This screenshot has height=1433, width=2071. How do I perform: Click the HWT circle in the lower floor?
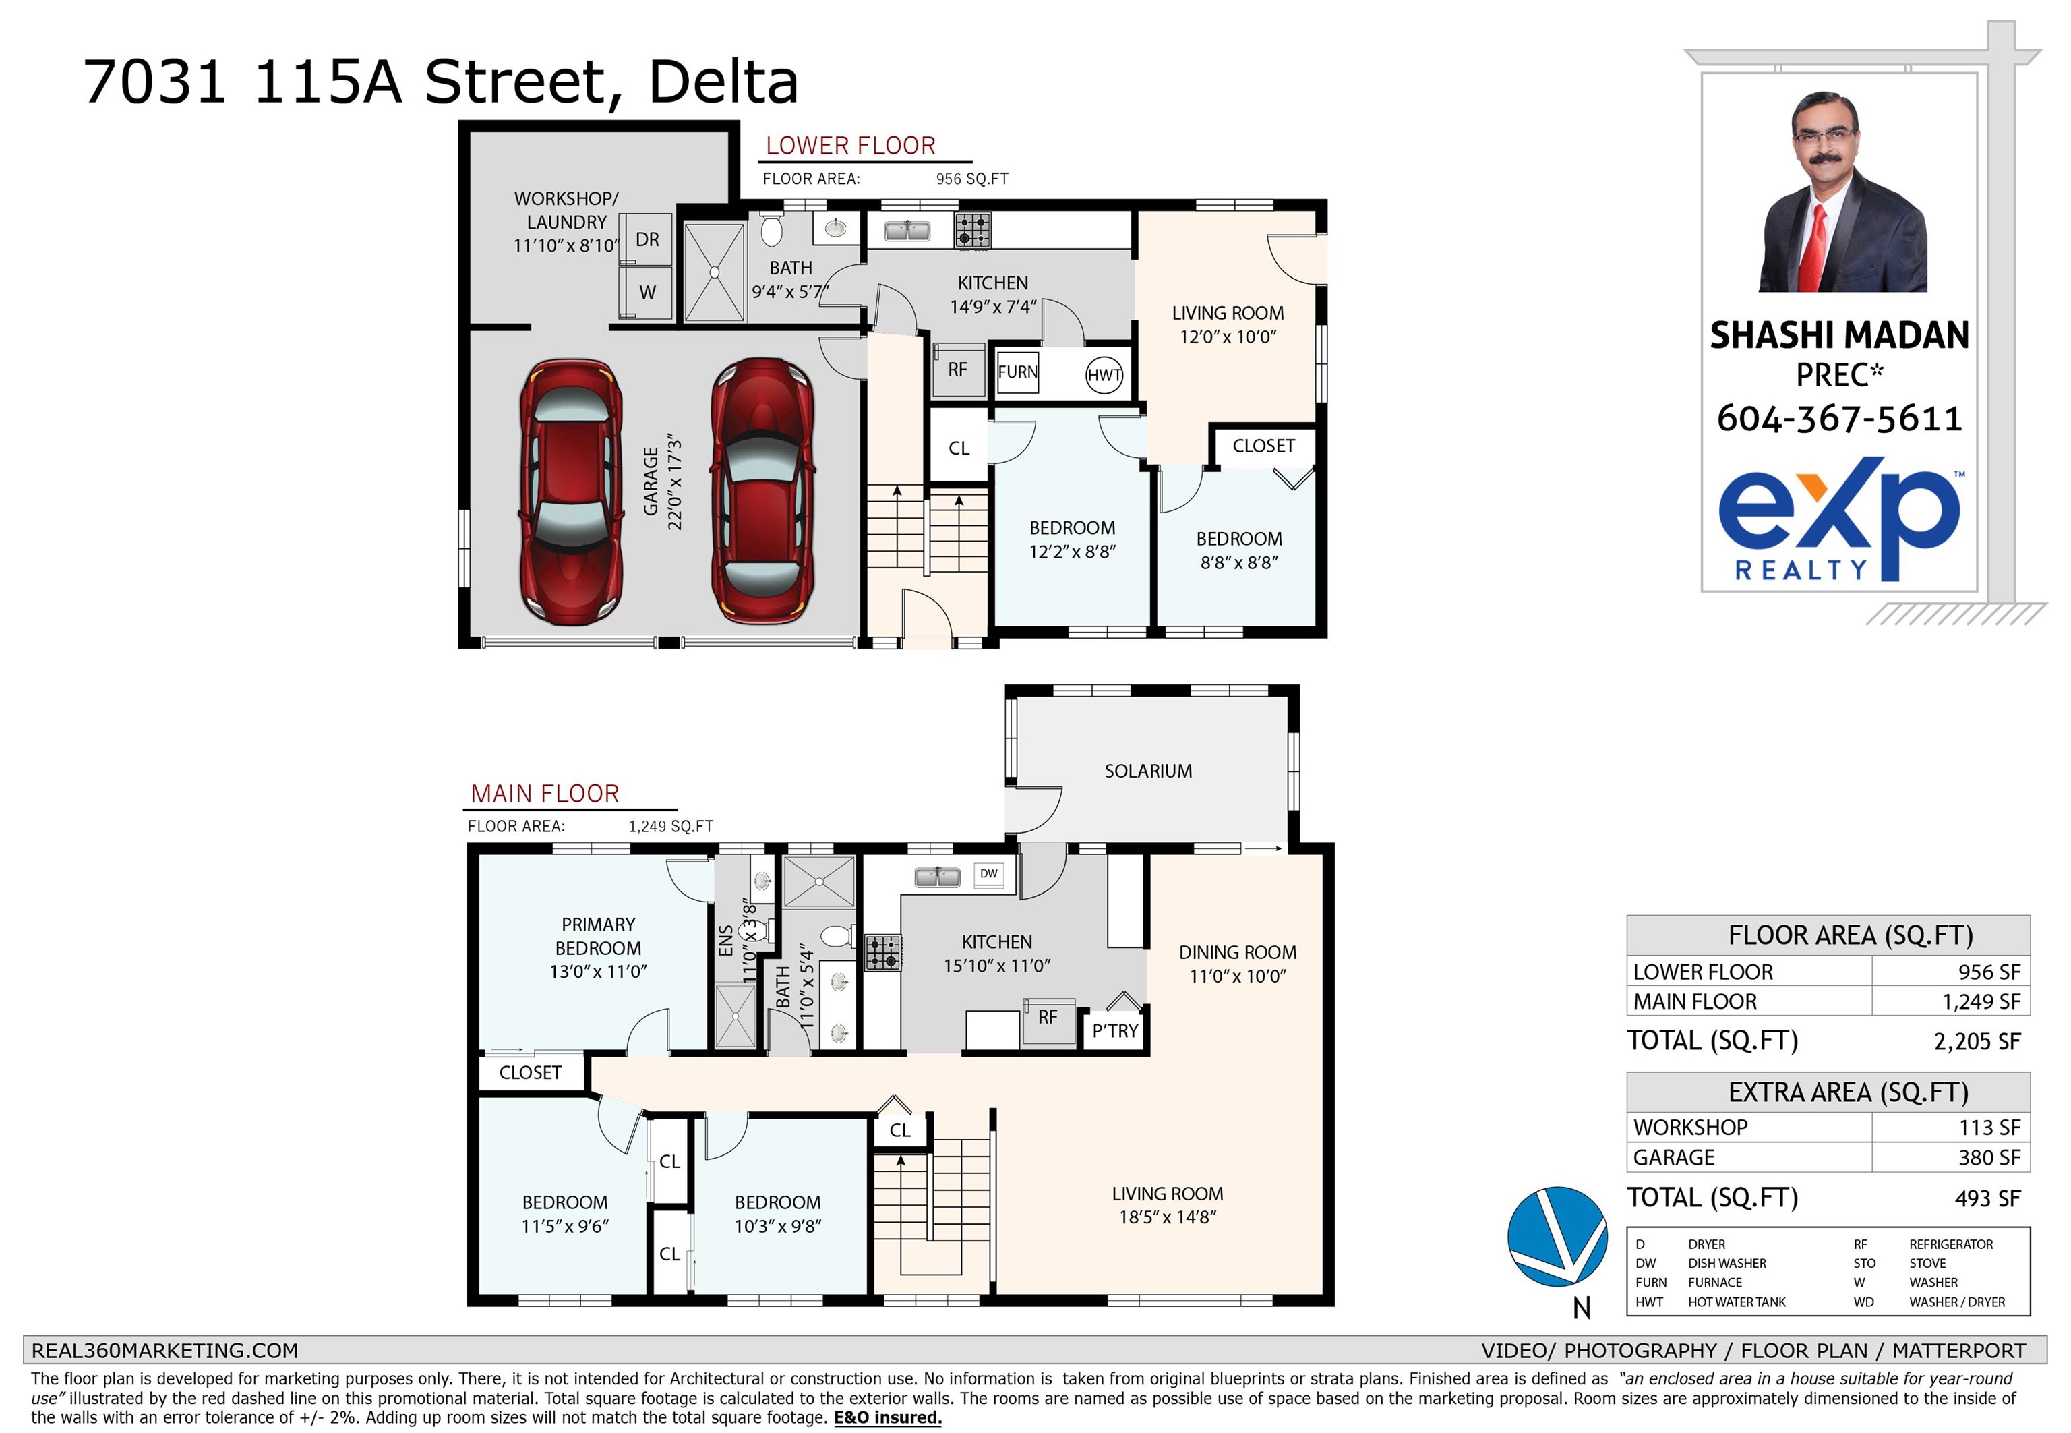[x=1104, y=376]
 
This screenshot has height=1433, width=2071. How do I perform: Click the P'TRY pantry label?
[x=1115, y=1032]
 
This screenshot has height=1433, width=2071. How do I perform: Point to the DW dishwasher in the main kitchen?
[x=988, y=875]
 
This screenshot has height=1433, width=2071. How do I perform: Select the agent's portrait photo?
[x=1841, y=192]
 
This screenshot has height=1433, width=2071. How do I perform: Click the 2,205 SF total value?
[x=1977, y=1041]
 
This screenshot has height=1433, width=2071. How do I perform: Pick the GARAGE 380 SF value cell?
[x=1950, y=1157]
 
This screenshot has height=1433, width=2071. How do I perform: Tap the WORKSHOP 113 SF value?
[x=1989, y=1128]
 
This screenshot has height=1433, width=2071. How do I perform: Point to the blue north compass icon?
[x=1557, y=1235]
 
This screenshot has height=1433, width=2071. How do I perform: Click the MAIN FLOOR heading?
[x=545, y=794]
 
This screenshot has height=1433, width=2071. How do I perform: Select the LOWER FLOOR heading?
[x=850, y=146]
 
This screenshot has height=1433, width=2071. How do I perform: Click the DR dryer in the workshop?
[x=647, y=239]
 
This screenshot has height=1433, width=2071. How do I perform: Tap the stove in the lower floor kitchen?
[x=972, y=231]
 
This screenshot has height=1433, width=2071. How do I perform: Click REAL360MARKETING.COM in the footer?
[x=164, y=1351]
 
